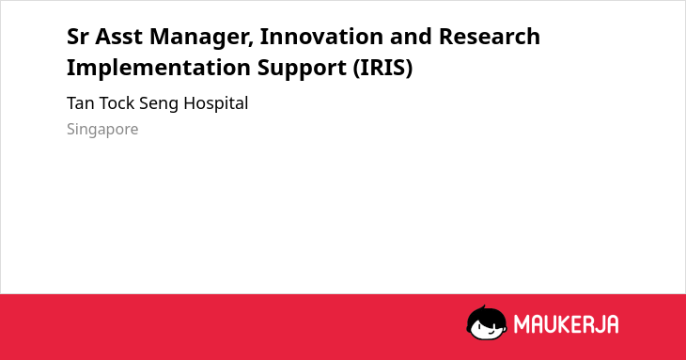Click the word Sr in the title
77,37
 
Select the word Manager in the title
202,38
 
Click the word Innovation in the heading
321,37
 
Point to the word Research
489,37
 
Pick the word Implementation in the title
159,68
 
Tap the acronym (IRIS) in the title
382,68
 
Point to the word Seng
159,104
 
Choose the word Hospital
216,104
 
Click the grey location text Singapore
102,130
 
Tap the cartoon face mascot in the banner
487,323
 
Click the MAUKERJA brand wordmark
566,324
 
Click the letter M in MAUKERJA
521,324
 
